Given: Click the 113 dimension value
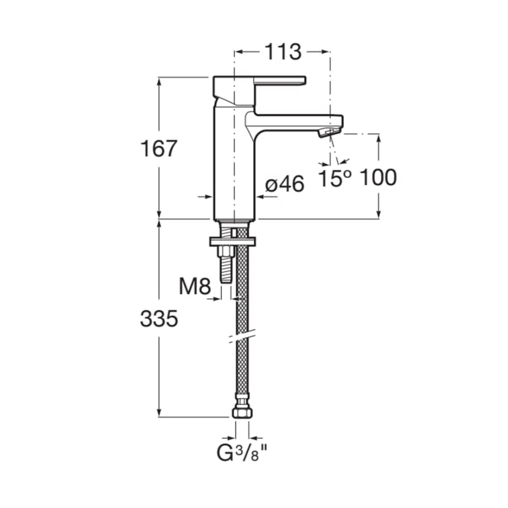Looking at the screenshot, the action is click(x=283, y=52).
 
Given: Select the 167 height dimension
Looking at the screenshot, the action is click(x=158, y=148).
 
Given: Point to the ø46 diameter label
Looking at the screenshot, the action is click(x=285, y=184).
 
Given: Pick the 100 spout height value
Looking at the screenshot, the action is click(x=378, y=177).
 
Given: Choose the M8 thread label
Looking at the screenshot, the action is click(x=195, y=287).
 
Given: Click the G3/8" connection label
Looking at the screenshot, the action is click(x=242, y=453).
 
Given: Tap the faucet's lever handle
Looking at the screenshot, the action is click(x=280, y=81).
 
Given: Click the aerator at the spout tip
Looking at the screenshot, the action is click(x=330, y=132).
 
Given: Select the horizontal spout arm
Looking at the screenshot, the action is click(x=294, y=122).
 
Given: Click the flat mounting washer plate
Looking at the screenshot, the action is click(x=233, y=242).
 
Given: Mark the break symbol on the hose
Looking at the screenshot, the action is click(x=242, y=335).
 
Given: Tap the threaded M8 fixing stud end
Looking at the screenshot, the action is click(x=226, y=269).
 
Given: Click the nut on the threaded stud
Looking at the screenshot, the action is click(x=226, y=251).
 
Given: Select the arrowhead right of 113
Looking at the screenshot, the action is click(x=325, y=51).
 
